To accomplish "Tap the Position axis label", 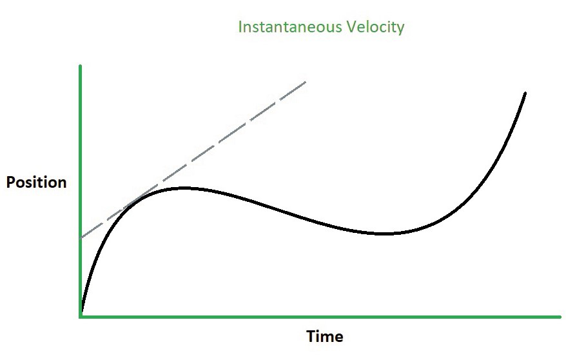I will coord(36,183).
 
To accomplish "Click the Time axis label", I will coord(324,337).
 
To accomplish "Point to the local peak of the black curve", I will coord(183,188).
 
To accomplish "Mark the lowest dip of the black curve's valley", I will coord(384,233).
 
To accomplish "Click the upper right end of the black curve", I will coord(525,94).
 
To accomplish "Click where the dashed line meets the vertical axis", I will coord(81,238).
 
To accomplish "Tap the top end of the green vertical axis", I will coord(80,66).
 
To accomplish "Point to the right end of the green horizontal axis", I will coord(559,316).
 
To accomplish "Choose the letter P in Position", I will coord(10,183).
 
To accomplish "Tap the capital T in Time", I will coord(310,337).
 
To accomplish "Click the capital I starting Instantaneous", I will coord(240,28).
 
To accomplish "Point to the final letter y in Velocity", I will coord(400,30).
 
